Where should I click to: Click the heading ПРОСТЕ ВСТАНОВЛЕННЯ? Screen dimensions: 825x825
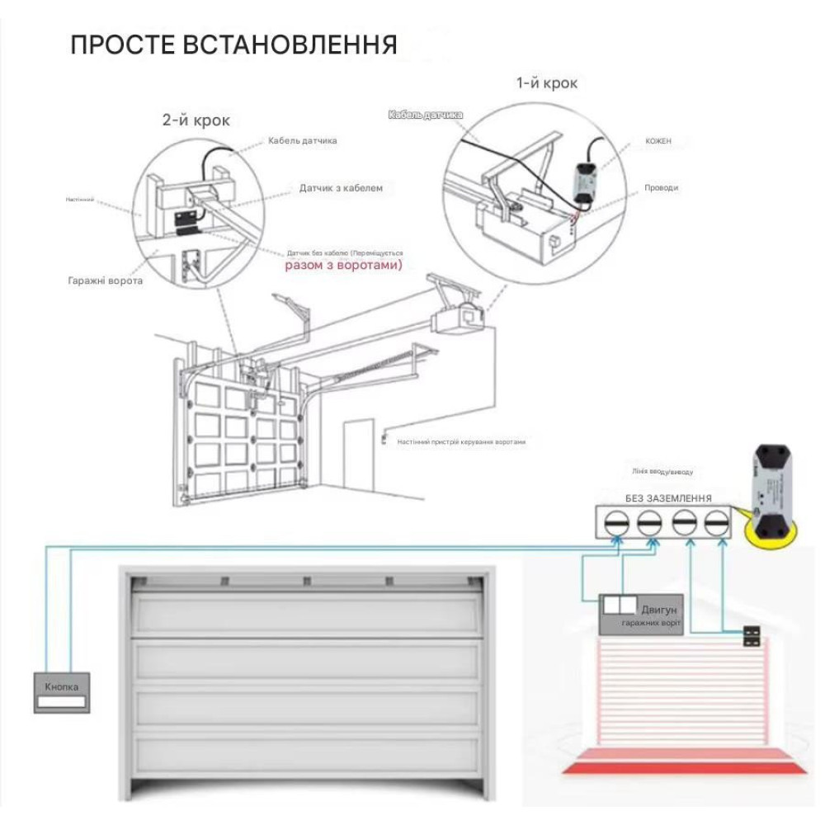pyautogui.click(x=233, y=45)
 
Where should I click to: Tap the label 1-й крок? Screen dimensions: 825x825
pyautogui.click(x=546, y=83)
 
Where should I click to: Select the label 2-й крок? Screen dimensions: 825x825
pyautogui.click(x=196, y=120)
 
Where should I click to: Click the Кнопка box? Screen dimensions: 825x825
pyautogui.click(x=62, y=692)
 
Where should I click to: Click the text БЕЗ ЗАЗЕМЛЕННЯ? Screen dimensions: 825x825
pyautogui.click(x=668, y=498)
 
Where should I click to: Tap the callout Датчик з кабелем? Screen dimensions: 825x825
pyautogui.click(x=341, y=188)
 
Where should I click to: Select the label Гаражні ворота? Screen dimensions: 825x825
pyautogui.click(x=105, y=280)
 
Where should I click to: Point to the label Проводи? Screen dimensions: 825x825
pyautogui.click(x=661, y=188)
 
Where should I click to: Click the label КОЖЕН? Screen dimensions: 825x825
pyautogui.click(x=658, y=141)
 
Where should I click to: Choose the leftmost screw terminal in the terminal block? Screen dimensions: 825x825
pyautogui.click(x=617, y=523)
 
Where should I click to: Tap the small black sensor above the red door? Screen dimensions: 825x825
pyautogui.click(x=752, y=635)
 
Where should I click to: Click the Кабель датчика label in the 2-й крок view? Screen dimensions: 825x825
pyautogui.click(x=302, y=141)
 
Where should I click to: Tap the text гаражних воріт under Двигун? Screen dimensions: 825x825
pyautogui.click(x=651, y=623)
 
